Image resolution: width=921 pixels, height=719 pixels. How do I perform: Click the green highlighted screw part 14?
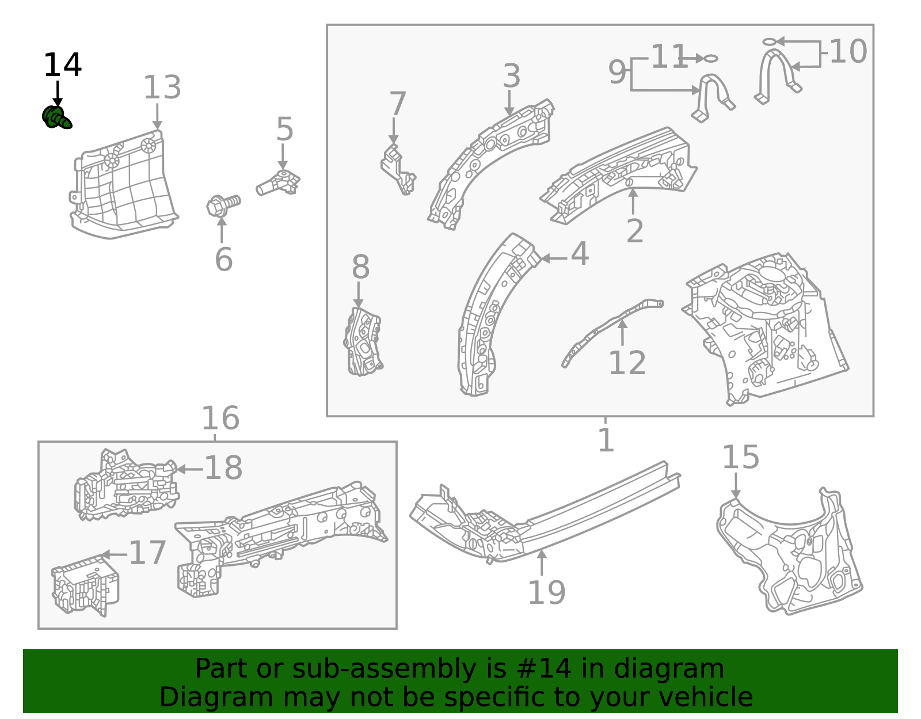56,117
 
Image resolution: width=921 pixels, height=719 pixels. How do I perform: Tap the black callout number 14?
62,65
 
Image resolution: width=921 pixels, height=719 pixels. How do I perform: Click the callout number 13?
162,88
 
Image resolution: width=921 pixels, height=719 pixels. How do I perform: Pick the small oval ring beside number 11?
711,58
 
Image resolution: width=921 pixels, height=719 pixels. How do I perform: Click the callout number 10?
848,52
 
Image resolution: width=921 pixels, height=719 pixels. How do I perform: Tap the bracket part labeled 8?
363,341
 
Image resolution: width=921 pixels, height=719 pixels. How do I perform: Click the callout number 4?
580,254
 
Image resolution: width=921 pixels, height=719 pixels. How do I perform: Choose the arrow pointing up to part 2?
633,201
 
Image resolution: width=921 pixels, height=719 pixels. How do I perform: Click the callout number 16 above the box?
220,419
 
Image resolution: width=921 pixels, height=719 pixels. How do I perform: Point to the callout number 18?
223,468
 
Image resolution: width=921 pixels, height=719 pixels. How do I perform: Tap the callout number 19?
546,592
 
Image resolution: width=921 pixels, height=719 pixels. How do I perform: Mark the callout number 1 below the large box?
606,440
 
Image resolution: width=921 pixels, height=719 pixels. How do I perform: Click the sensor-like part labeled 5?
278,184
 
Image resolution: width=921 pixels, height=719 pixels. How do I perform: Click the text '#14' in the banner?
544,669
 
